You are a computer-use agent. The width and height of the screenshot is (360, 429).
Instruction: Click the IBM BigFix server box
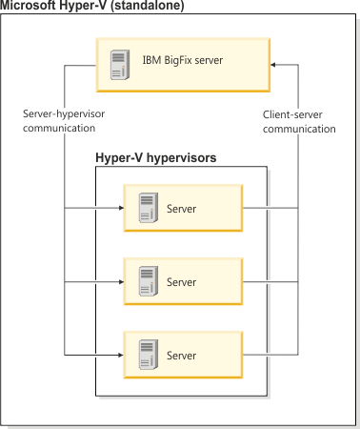point(181,64)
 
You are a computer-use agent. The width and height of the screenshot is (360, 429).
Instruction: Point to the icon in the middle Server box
point(147,282)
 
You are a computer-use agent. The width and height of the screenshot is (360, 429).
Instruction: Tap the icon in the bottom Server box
point(147,355)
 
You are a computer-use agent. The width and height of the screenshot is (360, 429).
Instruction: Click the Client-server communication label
point(299,121)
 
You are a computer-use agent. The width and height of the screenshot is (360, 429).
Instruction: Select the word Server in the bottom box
point(181,356)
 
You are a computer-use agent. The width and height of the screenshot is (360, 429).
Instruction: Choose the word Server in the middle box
point(181,283)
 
